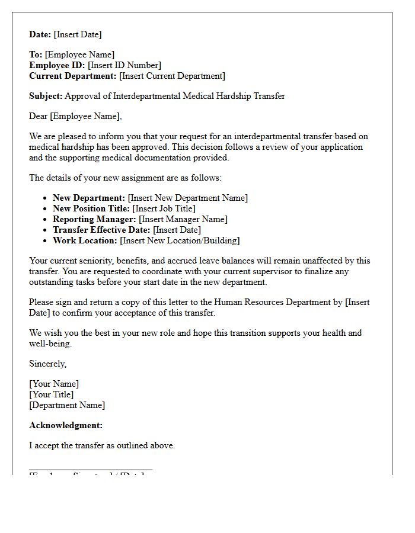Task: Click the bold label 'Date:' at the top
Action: point(40,34)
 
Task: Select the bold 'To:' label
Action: point(36,54)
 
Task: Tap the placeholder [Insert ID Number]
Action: point(124,65)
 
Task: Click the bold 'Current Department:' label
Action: point(73,76)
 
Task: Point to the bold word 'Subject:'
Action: point(46,96)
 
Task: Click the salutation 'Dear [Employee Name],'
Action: point(75,116)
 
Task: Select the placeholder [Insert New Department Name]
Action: point(188,198)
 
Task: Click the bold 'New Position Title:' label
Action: point(91,208)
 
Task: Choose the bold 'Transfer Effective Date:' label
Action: point(101,230)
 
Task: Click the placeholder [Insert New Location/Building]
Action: point(180,240)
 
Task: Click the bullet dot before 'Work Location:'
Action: point(45,241)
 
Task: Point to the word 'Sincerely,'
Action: point(48,364)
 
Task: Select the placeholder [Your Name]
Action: point(54,384)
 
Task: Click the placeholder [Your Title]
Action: point(52,394)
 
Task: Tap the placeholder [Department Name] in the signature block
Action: point(67,405)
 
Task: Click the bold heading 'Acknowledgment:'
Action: point(66,425)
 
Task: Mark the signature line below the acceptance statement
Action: point(91,470)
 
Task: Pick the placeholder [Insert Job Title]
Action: point(164,208)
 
